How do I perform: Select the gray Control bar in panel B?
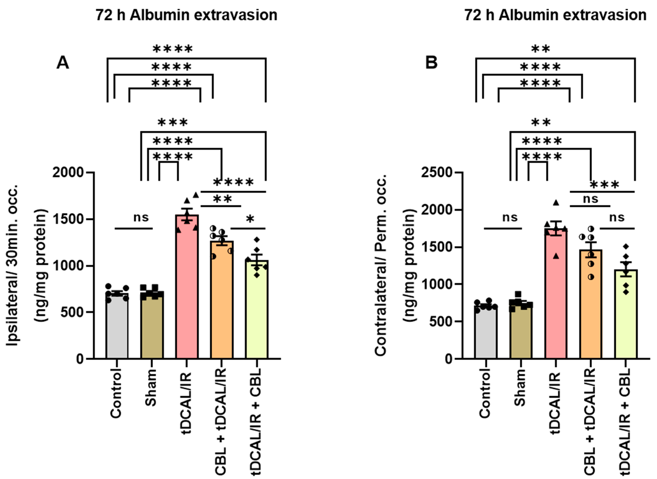pos(486,334)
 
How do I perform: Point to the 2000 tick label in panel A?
pos(68,173)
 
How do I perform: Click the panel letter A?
pos(63,63)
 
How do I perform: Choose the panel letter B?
pos(431,63)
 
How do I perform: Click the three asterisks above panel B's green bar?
pos(605,184)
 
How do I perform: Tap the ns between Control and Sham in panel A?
pos(141,218)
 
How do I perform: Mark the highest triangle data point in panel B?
pos(556,203)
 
